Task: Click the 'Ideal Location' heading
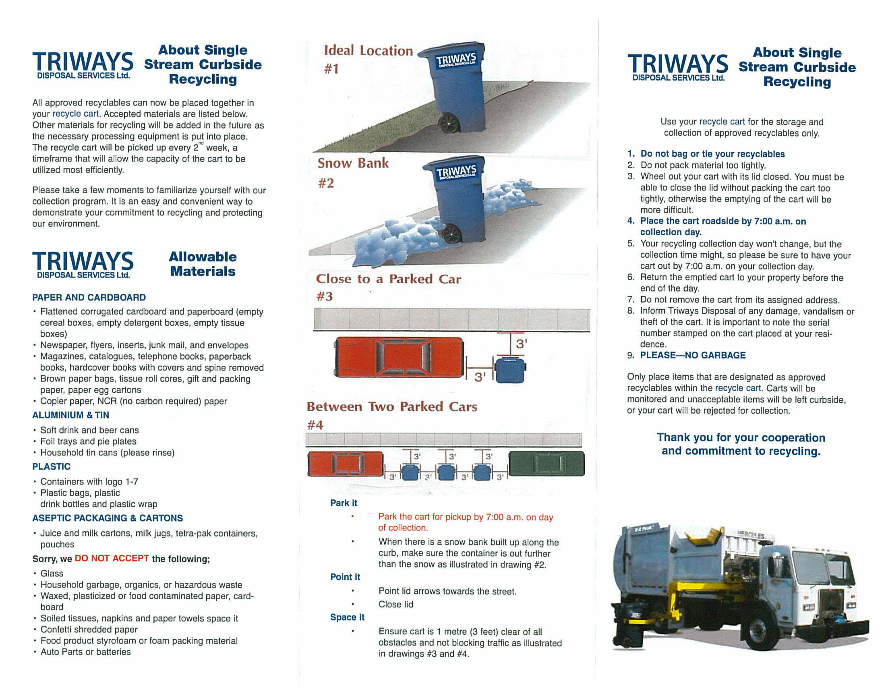point(368,50)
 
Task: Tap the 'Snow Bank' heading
point(353,163)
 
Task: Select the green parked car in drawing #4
point(547,463)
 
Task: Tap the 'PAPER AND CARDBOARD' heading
point(89,298)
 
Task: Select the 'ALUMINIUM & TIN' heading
point(70,415)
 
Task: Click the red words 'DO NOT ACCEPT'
point(112,558)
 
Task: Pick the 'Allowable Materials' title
point(203,264)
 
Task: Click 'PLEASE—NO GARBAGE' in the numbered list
point(693,355)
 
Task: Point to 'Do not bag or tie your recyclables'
point(712,154)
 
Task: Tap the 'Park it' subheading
point(344,503)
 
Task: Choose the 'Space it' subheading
point(347,617)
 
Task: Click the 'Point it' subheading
point(345,577)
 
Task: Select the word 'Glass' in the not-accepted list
point(52,573)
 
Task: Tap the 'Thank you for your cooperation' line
point(741,438)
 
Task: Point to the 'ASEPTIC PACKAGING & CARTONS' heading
point(108,518)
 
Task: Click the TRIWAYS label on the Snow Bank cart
point(456,172)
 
